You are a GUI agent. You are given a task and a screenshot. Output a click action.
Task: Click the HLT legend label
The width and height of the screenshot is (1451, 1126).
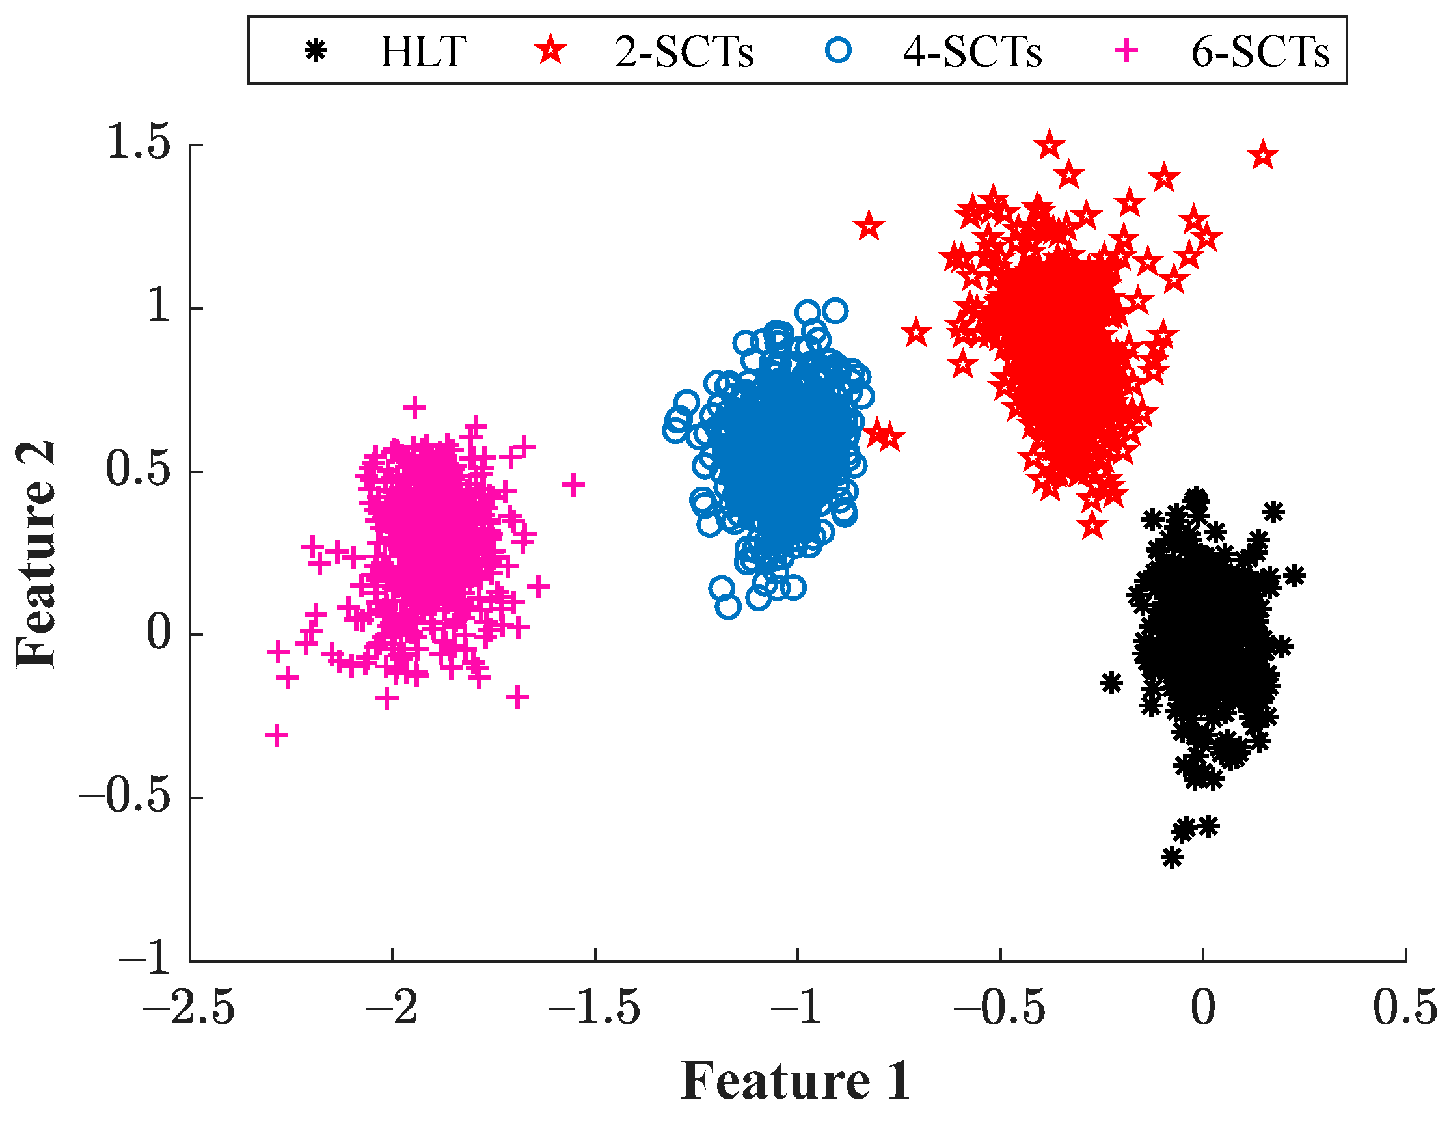coord(422,52)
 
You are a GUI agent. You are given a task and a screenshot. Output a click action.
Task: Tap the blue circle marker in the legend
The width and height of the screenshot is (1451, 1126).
coord(839,50)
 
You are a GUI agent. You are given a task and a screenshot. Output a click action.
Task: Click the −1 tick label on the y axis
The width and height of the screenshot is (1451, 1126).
coord(146,959)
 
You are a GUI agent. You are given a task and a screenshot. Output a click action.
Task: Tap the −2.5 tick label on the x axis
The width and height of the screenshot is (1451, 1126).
coord(189,1008)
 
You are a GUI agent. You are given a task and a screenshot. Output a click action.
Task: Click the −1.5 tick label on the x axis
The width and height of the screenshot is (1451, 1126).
coord(594,1008)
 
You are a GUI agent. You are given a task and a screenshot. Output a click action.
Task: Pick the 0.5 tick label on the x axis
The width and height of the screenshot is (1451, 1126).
coord(1405,1008)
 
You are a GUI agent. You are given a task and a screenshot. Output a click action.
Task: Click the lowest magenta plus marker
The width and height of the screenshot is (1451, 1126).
coord(277,736)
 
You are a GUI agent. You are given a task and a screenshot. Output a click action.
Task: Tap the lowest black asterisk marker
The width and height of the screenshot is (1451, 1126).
coord(1172,857)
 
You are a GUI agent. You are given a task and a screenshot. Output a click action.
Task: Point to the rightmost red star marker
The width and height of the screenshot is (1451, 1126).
coord(1263,156)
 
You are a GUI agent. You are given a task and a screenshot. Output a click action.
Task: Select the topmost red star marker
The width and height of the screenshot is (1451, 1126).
coord(1050,144)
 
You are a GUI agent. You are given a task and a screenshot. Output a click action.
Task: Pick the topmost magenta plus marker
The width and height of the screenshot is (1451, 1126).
coord(414,407)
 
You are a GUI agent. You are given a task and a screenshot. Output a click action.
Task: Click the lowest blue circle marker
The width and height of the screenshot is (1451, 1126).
coord(728,606)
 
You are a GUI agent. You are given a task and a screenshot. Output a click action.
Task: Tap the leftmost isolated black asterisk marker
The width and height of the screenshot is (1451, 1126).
coord(1111,683)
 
